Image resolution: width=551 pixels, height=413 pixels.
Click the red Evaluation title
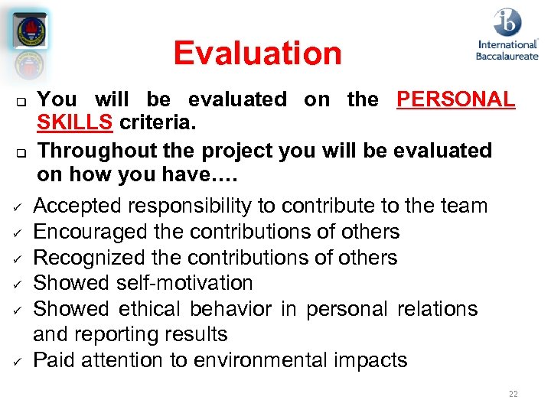pyautogui.click(x=257, y=54)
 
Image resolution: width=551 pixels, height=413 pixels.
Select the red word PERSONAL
pyautogui.click(x=455, y=99)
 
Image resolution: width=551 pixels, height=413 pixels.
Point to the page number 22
pyautogui.click(x=513, y=394)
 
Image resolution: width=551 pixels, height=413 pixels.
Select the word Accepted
pyautogui.click(x=77, y=206)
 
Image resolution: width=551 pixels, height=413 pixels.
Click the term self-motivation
pyautogui.click(x=184, y=283)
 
